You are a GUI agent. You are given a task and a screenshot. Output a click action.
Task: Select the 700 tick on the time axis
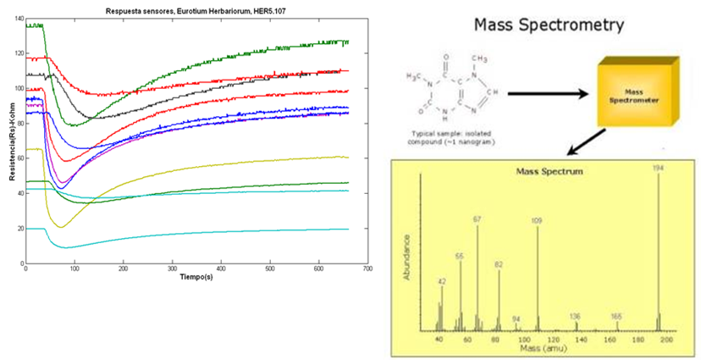click(x=367, y=269)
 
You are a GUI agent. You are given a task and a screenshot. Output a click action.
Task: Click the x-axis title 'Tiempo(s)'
click(x=196, y=277)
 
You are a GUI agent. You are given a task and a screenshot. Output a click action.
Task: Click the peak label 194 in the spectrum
click(x=658, y=168)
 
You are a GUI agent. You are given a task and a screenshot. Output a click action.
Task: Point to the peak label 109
click(x=537, y=220)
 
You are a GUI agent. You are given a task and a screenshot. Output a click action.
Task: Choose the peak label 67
click(x=477, y=219)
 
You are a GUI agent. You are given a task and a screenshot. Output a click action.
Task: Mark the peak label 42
click(x=441, y=280)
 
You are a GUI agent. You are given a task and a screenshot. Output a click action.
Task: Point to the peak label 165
click(x=616, y=316)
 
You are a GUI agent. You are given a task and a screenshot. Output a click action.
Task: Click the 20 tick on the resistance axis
click(x=19, y=229)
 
